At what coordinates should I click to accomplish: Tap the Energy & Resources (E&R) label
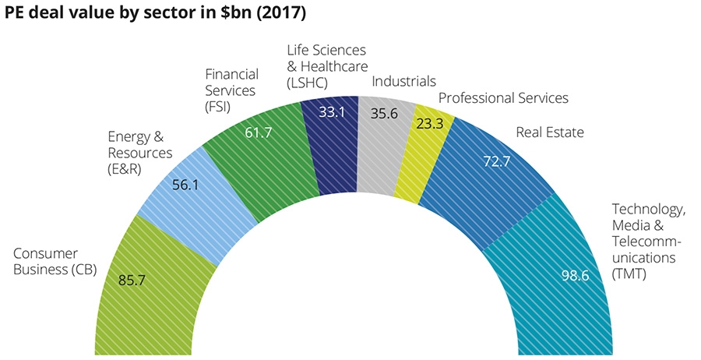[x=140, y=152]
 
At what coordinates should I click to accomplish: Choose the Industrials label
[x=403, y=81]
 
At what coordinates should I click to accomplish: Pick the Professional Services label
[x=503, y=98]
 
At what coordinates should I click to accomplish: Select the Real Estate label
[x=550, y=132]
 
